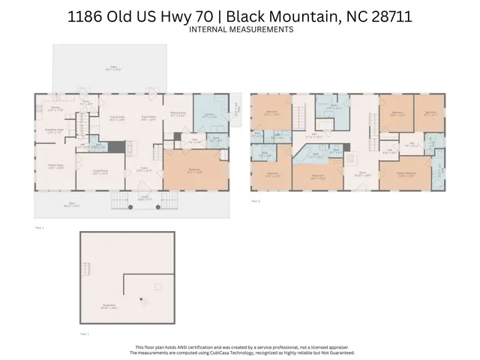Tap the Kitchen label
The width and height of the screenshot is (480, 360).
tap(55, 107)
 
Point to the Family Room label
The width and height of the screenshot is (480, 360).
tap(56, 166)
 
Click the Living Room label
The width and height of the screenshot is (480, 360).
tap(100, 172)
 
